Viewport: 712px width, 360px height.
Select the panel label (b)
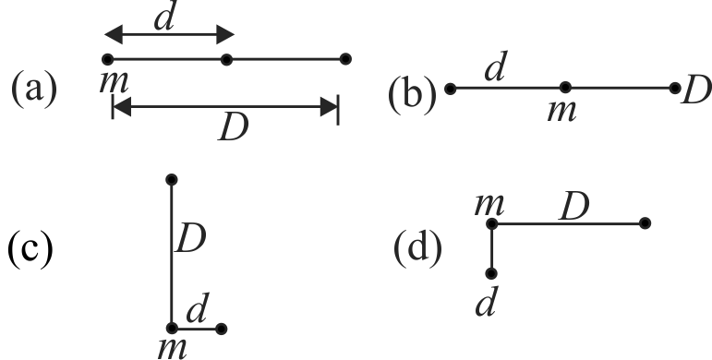click(x=412, y=94)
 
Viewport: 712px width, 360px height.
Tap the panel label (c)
click(x=30, y=250)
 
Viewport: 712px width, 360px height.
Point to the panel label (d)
click(x=417, y=250)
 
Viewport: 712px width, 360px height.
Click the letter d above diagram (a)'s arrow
click(x=164, y=18)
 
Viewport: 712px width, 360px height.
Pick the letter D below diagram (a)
click(x=234, y=128)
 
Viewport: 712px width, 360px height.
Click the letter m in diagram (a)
click(x=114, y=83)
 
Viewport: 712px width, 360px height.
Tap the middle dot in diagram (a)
click(x=226, y=59)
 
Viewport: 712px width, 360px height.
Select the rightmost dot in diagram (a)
click(x=345, y=59)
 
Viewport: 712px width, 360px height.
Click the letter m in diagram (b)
click(x=562, y=111)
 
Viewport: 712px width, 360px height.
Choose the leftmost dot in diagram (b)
click(x=450, y=89)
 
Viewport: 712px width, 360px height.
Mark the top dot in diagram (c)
click(x=171, y=180)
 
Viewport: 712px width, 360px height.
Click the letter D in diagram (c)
click(x=191, y=239)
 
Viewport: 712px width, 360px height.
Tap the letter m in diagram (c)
click(x=173, y=348)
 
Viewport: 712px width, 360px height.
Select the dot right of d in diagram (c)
click(x=221, y=329)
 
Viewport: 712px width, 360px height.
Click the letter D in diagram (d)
click(x=574, y=208)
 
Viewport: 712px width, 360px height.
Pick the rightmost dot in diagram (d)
click(x=645, y=222)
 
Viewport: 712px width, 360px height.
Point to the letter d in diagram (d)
click(x=486, y=302)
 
